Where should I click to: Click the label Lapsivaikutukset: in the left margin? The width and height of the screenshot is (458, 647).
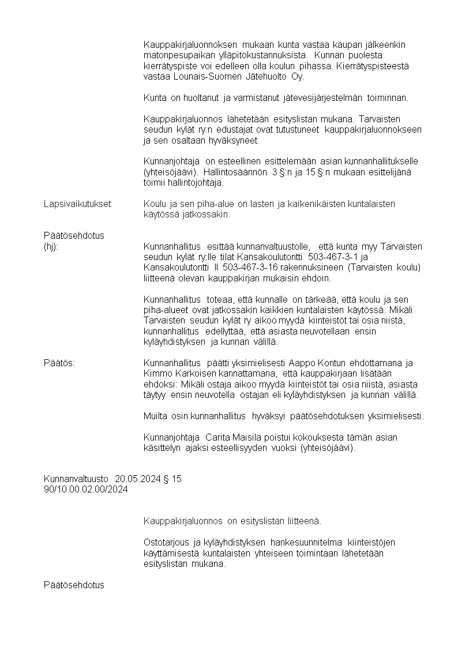[78, 204]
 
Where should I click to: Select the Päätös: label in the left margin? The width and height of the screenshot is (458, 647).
[59, 363]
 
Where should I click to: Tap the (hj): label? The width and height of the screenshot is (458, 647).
[51, 246]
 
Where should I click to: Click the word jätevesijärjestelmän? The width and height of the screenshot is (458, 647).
[324, 97]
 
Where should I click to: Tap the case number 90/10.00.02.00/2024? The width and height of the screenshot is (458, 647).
[86, 490]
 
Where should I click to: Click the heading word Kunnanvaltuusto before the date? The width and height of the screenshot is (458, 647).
[76, 479]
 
